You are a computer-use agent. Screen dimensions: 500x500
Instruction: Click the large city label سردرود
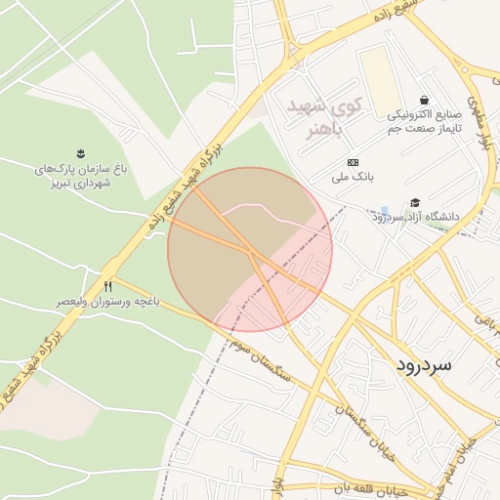point(424,363)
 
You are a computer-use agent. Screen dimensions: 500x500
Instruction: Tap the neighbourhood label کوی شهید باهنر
point(325,116)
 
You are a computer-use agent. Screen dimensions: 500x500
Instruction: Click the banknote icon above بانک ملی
point(353,161)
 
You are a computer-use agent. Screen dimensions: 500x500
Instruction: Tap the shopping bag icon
point(424,100)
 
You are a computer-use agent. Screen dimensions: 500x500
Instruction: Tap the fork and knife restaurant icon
point(107,286)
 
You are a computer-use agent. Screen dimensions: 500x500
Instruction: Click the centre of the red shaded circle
point(250,249)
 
